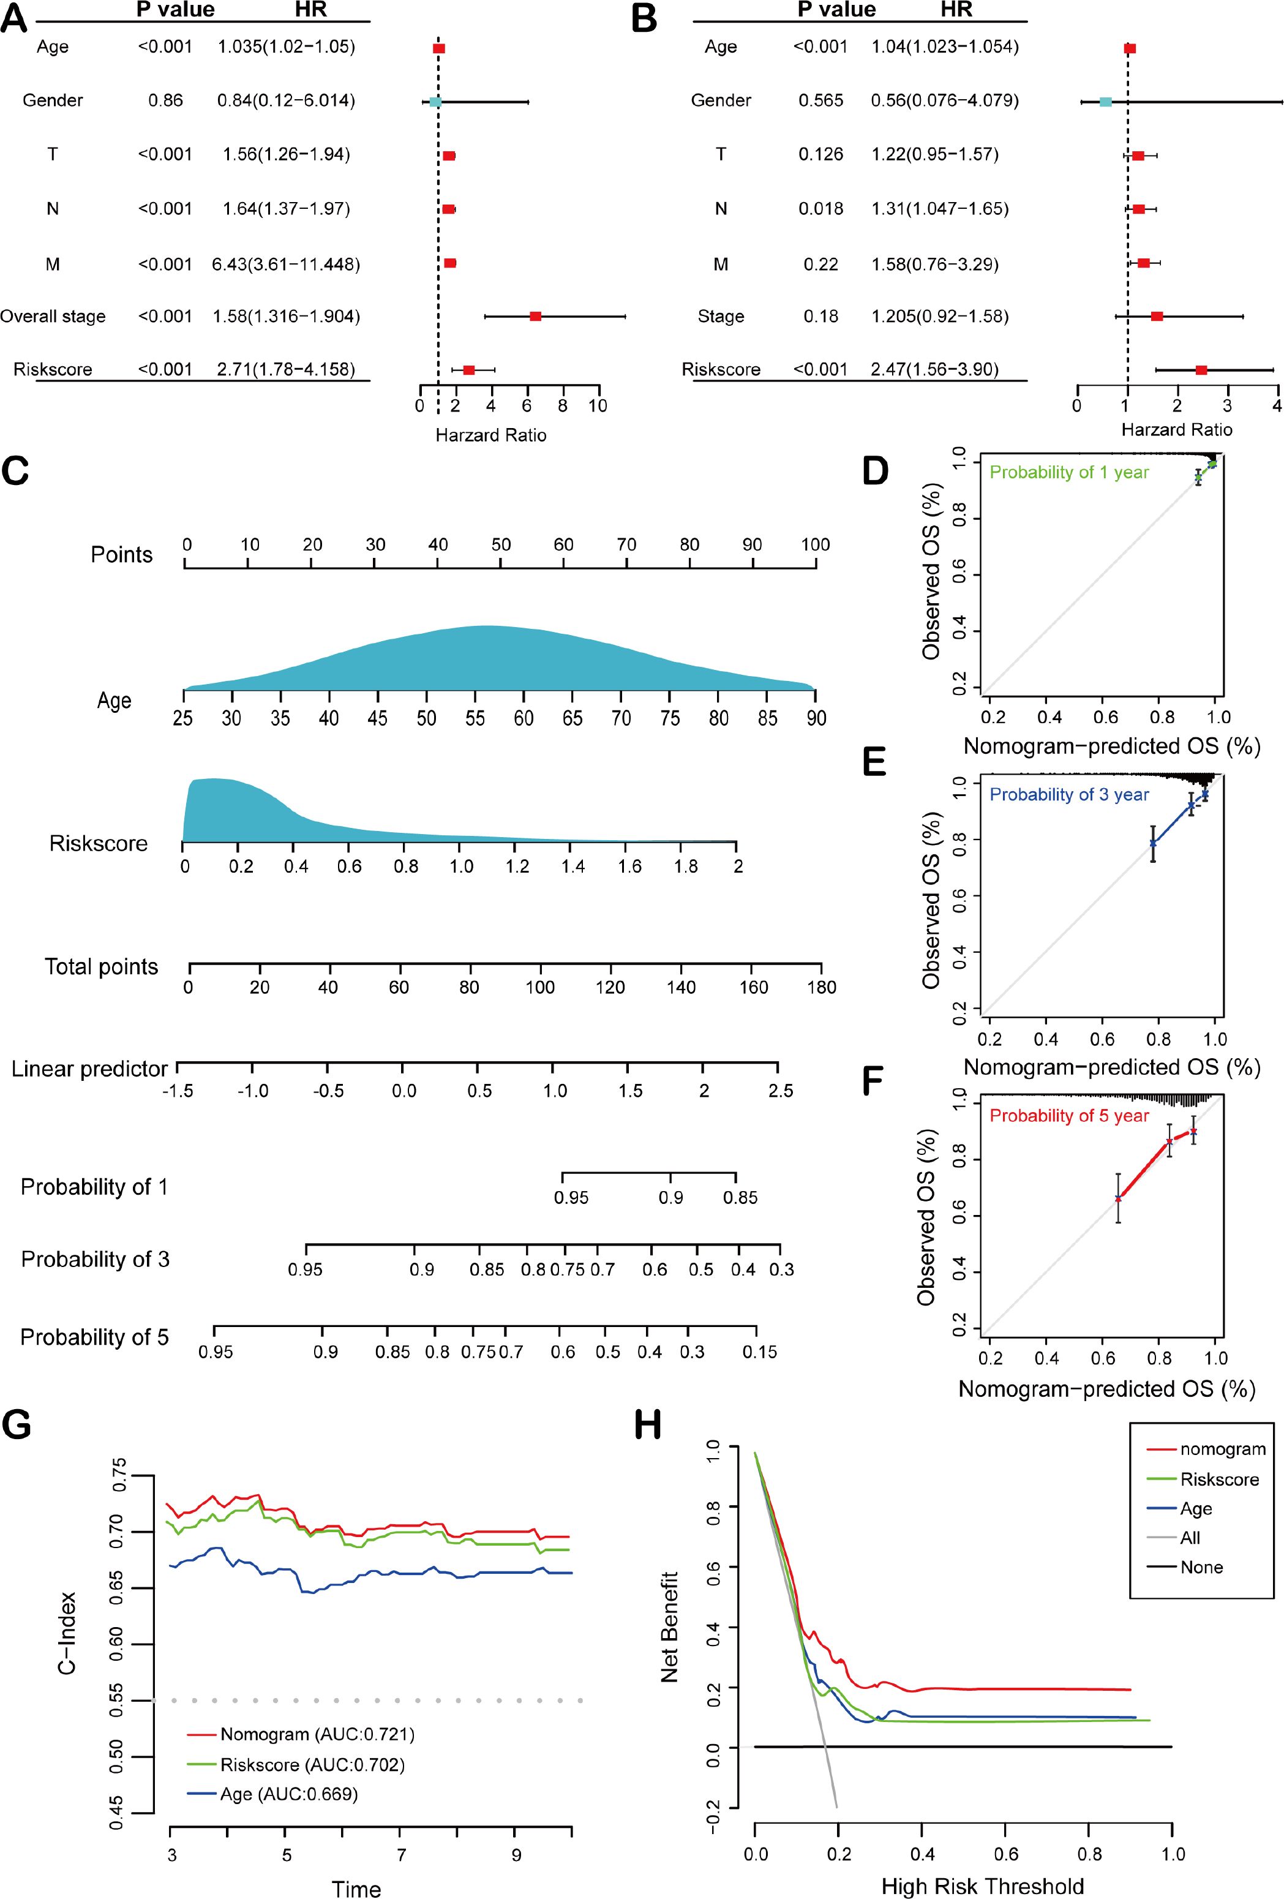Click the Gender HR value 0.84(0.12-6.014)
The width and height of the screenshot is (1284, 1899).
[x=286, y=100]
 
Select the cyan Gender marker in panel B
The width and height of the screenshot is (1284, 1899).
[x=1105, y=101]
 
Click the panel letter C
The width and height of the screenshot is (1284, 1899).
[x=17, y=472]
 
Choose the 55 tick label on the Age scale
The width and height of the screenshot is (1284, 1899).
[x=475, y=718]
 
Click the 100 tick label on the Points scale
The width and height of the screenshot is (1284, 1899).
[x=815, y=545]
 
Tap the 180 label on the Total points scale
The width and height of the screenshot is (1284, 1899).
[x=821, y=987]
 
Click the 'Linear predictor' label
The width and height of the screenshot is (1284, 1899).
[x=89, y=1069]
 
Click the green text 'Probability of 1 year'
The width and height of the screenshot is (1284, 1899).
[x=1069, y=472]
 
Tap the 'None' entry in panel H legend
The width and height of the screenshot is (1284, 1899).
[x=1201, y=1567]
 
